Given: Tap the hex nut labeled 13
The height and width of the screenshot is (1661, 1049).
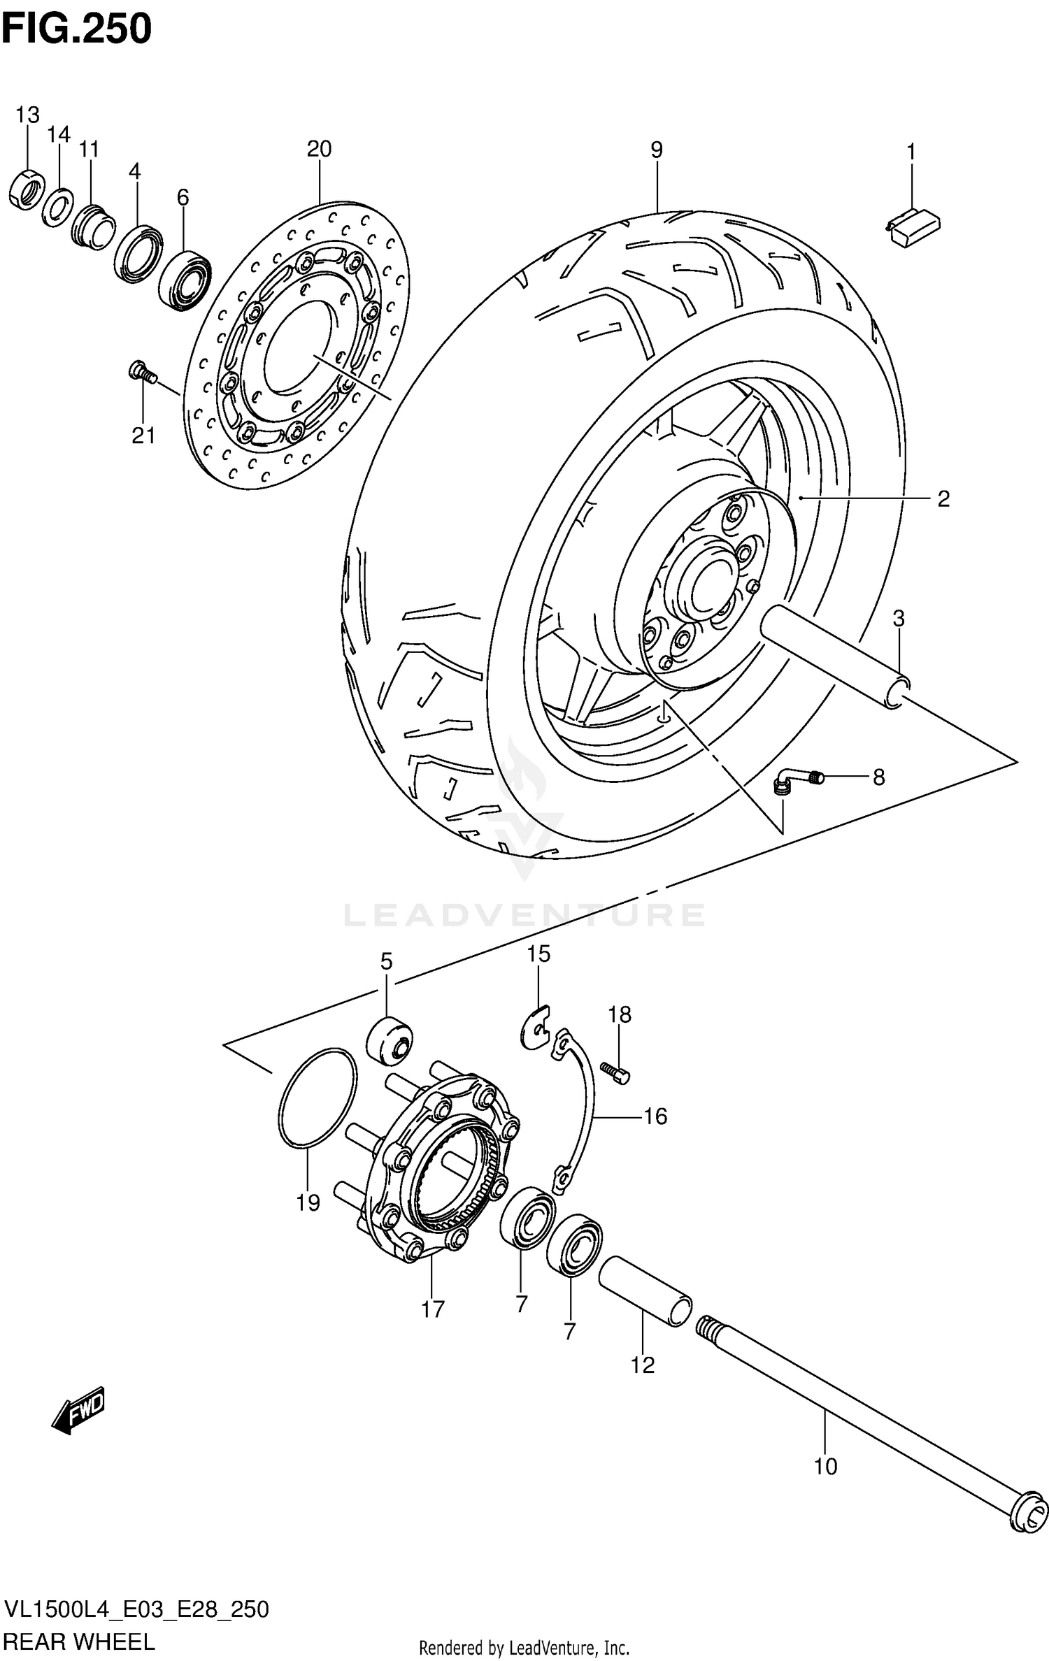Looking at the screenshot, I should point(27,189).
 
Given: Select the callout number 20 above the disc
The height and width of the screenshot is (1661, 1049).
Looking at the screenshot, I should point(318,149).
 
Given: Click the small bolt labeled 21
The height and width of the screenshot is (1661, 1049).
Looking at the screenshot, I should point(141,371).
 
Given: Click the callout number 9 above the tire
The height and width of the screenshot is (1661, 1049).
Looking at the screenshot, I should point(656,150).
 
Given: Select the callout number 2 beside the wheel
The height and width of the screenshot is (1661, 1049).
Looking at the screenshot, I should point(943,499).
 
